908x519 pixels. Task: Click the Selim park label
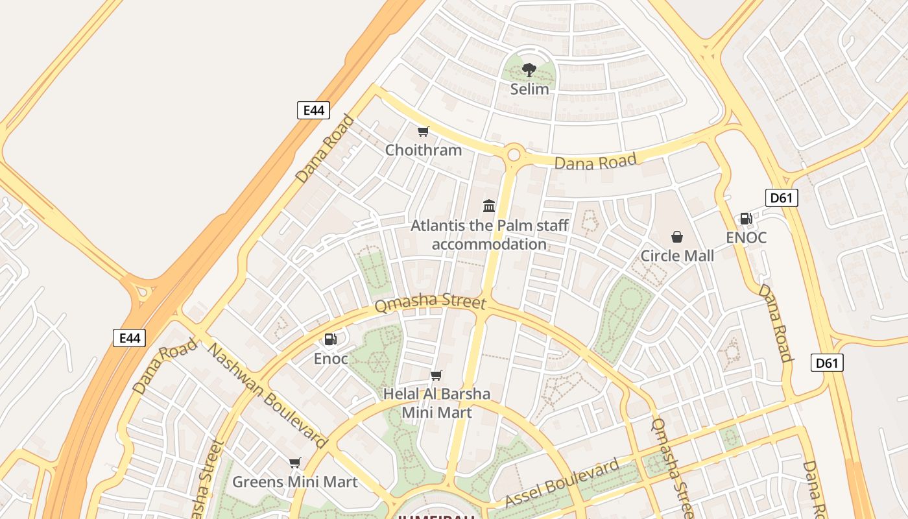(529, 89)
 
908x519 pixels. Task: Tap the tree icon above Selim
(529, 69)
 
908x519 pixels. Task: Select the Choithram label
(424, 150)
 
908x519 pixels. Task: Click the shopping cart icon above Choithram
(424, 132)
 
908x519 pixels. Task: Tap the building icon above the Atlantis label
(489, 206)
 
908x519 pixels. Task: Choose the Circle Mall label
(677, 256)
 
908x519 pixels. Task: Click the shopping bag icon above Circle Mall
(677, 237)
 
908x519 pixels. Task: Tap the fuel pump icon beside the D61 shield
(747, 219)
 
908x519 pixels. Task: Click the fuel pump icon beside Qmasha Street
(331, 339)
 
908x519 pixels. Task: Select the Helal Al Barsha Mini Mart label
(436, 403)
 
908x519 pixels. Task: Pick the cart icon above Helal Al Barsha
(436, 375)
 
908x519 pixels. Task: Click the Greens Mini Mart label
(295, 482)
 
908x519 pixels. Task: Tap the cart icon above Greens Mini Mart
(295, 463)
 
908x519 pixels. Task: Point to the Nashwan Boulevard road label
(267, 395)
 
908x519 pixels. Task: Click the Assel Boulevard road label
(562, 484)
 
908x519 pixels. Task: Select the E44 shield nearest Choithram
(313, 110)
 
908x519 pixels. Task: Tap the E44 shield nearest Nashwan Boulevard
(129, 337)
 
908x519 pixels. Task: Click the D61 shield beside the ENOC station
(782, 198)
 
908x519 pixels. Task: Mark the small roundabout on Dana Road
(514, 154)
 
